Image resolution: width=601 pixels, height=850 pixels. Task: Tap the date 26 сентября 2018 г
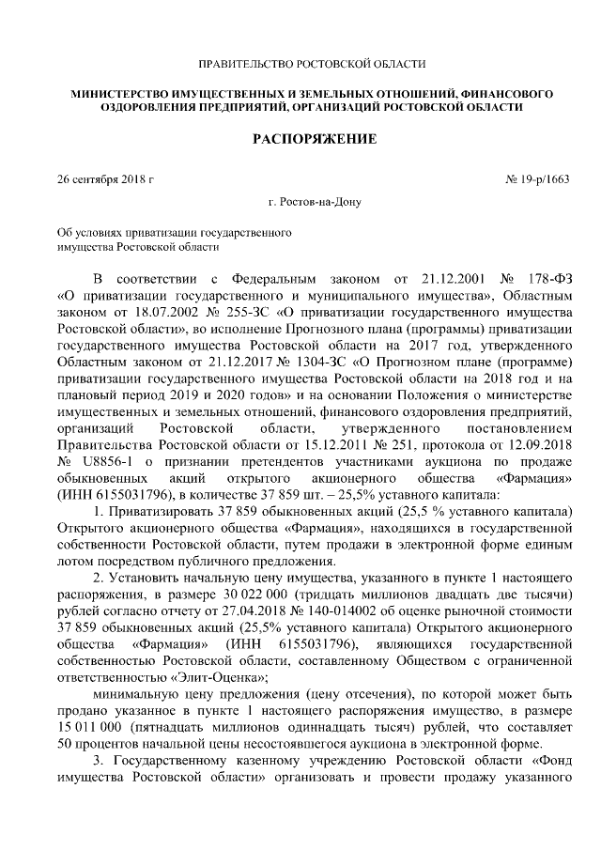[x=104, y=178]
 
